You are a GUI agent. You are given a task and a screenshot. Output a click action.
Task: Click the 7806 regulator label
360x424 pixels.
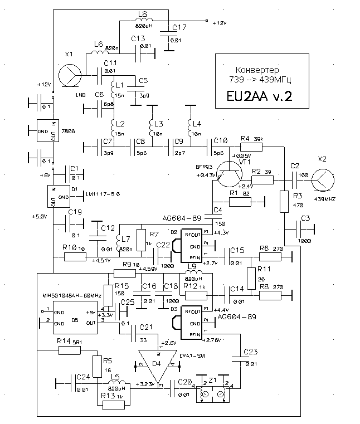tap(67, 131)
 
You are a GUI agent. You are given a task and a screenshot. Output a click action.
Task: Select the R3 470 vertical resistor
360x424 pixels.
tap(283, 200)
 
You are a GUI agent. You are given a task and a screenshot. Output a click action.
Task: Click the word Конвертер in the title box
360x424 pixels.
tap(255, 70)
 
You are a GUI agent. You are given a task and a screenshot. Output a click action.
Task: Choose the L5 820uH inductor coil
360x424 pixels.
tap(119, 383)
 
